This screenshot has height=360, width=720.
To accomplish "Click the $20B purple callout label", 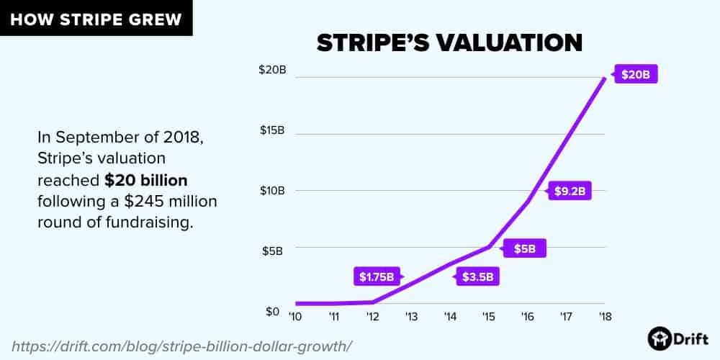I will [x=636, y=74].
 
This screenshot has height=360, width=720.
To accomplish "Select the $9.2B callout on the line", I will [x=570, y=192].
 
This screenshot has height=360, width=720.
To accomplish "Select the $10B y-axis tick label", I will [x=272, y=191].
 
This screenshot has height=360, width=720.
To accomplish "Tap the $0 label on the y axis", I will [x=273, y=311].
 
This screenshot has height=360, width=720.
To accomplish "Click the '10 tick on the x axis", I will [x=294, y=317].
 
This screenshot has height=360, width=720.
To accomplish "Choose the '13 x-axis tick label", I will [x=411, y=317].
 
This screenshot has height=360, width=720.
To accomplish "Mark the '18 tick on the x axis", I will [x=604, y=317].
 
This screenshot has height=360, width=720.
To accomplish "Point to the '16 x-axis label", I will [x=527, y=317].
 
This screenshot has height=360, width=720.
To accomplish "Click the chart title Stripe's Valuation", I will [x=449, y=42].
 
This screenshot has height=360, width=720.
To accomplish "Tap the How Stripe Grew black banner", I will [x=96, y=18].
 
